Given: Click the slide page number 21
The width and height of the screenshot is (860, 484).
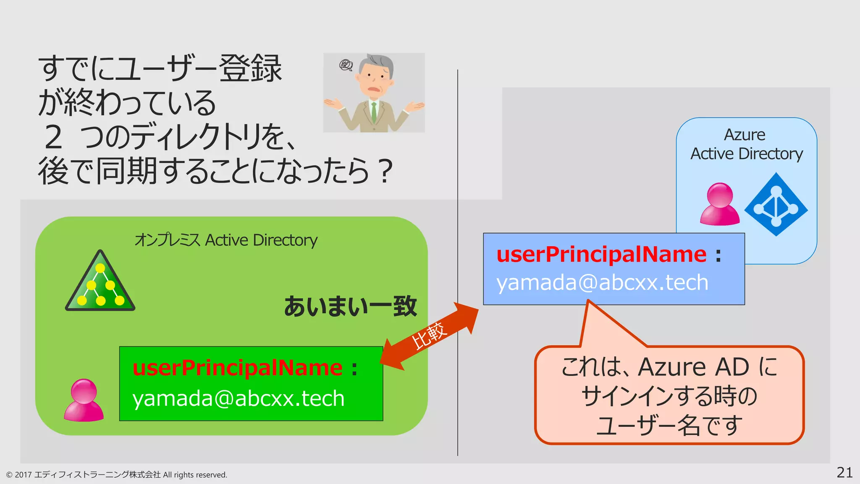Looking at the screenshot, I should (844, 473).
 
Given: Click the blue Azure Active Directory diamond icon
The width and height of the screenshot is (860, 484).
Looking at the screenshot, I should (776, 205).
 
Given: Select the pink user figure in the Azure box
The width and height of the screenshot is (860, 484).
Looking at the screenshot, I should (720, 205).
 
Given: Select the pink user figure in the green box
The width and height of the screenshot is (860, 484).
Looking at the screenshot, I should (84, 400).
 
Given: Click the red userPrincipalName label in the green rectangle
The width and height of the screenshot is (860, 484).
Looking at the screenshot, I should (238, 368).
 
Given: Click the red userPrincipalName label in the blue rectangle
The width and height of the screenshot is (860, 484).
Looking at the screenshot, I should (601, 255).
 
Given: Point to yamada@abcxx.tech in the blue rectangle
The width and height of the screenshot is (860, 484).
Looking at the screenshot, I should (602, 282).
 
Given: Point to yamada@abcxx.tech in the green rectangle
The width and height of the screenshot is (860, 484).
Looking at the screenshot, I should (238, 398).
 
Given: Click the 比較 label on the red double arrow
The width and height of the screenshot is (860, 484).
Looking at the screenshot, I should (429, 335).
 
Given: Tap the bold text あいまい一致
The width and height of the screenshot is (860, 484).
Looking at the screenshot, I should (350, 306).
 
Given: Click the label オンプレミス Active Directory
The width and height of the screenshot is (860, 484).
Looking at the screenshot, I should (225, 240).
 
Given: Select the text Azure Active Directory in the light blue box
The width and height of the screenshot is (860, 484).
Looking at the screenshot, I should (746, 145).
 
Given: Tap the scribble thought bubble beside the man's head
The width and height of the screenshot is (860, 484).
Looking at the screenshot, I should (346, 65).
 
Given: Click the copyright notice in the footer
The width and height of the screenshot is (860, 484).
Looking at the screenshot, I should (116, 475).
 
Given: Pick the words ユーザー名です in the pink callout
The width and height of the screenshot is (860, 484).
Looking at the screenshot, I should (669, 426).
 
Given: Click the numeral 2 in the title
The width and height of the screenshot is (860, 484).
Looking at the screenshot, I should (54, 137).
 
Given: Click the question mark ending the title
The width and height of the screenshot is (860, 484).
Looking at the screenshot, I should (385, 171).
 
